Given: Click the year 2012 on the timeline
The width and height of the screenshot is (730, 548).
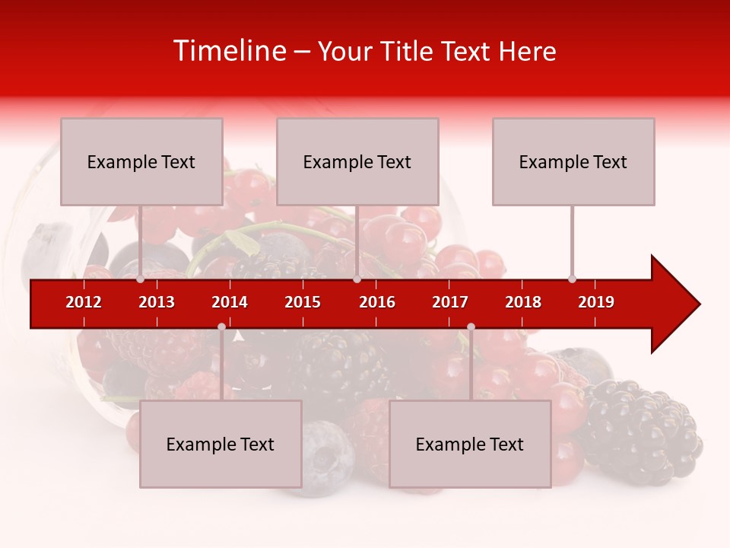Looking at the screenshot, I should [x=84, y=302].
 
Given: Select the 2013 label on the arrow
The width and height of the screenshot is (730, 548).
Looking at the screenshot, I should [x=157, y=302].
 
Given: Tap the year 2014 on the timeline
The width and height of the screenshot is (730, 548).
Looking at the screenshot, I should [x=230, y=302].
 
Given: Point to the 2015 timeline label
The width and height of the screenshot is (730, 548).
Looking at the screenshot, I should [x=303, y=302].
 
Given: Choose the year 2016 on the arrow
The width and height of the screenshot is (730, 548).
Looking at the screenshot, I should [x=377, y=302].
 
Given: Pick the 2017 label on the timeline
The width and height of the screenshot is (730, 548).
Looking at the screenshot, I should [x=450, y=302].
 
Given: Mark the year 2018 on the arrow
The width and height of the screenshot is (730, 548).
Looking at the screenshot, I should [x=523, y=302].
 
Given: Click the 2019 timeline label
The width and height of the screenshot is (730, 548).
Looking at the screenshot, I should [x=596, y=302].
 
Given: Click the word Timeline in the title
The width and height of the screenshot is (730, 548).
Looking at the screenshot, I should [x=230, y=51].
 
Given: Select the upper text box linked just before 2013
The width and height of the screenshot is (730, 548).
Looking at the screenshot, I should [x=141, y=161].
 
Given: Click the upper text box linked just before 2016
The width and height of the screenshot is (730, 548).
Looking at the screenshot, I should [x=357, y=161].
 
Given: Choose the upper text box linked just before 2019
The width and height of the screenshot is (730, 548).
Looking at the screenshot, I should [x=573, y=161].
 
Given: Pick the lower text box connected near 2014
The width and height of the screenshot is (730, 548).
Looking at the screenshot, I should [x=221, y=444].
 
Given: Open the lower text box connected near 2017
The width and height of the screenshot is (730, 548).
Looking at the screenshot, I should [x=470, y=444].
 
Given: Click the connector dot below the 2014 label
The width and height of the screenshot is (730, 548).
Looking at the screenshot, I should [x=221, y=327].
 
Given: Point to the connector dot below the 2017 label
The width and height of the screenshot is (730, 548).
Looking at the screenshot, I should [x=471, y=327].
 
